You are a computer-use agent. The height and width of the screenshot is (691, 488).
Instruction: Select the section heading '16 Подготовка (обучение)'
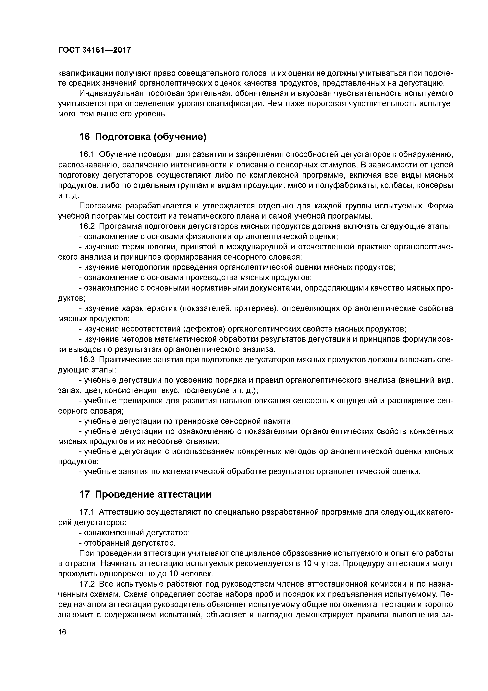(x=143, y=137)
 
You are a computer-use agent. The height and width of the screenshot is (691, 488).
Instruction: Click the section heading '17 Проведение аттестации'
(x=145, y=494)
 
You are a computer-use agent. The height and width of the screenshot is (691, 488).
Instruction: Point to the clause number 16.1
(x=87, y=155)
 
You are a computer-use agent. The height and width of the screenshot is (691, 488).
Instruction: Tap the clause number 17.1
(x=87, y=512)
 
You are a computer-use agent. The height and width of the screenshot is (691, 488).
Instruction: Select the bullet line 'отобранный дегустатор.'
(x=127, y=543)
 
